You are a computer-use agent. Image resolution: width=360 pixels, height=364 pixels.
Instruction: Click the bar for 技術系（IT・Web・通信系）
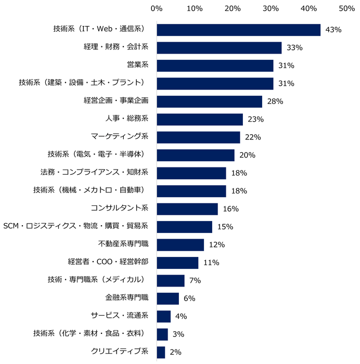click(238, 30)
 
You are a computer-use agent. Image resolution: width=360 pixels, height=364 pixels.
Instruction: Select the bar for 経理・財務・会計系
click(219, 48)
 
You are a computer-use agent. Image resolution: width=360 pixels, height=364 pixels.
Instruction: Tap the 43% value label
click(333, 30)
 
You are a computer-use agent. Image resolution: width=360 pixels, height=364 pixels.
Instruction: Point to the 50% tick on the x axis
click(346, 8)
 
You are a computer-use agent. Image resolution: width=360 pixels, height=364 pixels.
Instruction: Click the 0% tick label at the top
click(156, 8)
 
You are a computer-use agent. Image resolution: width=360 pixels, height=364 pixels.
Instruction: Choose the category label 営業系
click(138, 66)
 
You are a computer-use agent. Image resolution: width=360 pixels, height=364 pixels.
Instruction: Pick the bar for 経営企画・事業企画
click(209, 101)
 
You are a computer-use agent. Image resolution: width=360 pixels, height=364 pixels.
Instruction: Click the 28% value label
click(275, 101)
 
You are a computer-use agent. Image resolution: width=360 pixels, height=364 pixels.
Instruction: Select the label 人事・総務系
click(127, 119)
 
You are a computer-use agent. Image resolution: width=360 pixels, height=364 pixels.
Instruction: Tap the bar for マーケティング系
click(198, 137)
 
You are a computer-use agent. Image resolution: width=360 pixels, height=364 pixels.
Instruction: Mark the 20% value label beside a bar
click(248, 155)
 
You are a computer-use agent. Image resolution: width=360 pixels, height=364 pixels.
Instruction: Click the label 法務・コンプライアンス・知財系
click(94, 173)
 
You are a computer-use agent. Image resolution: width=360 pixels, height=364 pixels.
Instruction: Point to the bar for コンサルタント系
click(187, 209)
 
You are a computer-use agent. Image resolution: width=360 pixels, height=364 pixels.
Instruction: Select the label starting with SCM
click(76, 226)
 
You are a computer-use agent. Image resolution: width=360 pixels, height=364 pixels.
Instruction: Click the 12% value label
click(216, 244)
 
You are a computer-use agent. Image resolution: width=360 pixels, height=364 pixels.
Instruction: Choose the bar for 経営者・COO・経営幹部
click(177, 262)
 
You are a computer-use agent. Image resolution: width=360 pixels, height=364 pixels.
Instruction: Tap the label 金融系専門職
click(127, 298)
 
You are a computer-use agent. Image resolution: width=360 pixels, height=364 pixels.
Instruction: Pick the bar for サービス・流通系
click(163, 316)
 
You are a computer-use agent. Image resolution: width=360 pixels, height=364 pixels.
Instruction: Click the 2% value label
click(175, 352)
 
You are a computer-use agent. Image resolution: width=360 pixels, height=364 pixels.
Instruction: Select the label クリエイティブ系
click(120, 352)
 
